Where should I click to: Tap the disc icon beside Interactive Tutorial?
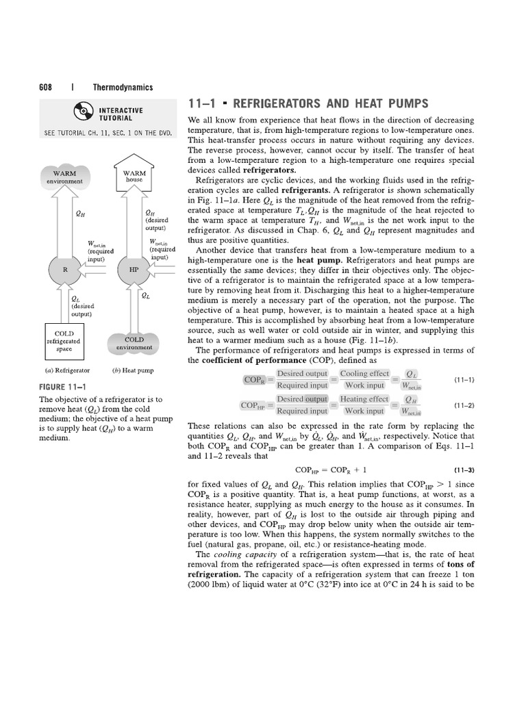click(77, 114)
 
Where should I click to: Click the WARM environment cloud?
click(65, 177)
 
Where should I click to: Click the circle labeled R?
click(65, 269)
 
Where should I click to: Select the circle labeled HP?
click(134, 269)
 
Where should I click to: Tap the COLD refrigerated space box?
click(64, 340)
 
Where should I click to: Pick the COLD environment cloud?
click(134, 343)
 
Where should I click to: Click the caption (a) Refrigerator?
click(64, 371)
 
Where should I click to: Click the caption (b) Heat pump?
click(133, 371)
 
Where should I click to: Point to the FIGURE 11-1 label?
click(62, 387)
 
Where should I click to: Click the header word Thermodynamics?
click(123, 88)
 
